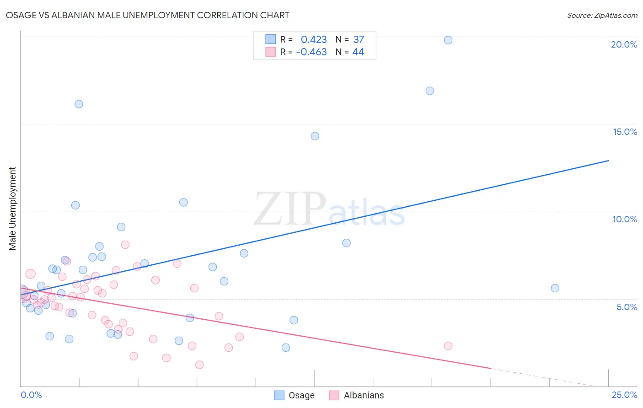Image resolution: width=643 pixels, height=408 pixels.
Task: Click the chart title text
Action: [147, 15]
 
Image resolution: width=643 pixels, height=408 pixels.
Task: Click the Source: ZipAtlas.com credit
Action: [602, 15]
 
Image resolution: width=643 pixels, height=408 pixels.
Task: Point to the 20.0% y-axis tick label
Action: [624, 44]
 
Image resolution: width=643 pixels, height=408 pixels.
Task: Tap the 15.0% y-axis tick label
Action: [625, 132]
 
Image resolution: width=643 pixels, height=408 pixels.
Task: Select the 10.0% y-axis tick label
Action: [625, 219]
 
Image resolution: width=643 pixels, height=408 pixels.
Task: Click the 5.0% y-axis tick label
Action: [627, 307]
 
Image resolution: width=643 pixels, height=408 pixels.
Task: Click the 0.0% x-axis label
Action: [31, 395]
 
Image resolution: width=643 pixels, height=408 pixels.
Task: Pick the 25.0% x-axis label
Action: [624, 395]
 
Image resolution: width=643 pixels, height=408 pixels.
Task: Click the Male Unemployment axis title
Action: [12, 208]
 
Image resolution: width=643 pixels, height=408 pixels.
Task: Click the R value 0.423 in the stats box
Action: [314, 39]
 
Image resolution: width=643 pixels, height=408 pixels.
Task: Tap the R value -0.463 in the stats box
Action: [311, 52]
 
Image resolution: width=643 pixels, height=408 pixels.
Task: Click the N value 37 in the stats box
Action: [359, 39]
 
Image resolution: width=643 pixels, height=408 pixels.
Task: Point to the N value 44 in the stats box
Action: [358, 52]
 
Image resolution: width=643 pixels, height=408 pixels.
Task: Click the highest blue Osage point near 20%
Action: [448, 40]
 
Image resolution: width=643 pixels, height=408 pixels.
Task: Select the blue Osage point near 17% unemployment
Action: [430, 91]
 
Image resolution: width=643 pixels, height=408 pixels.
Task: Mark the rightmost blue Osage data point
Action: [555, 288]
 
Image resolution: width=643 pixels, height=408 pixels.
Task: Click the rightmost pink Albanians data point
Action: [448, 346]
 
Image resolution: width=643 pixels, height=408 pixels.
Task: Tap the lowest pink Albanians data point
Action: [199, 365]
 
